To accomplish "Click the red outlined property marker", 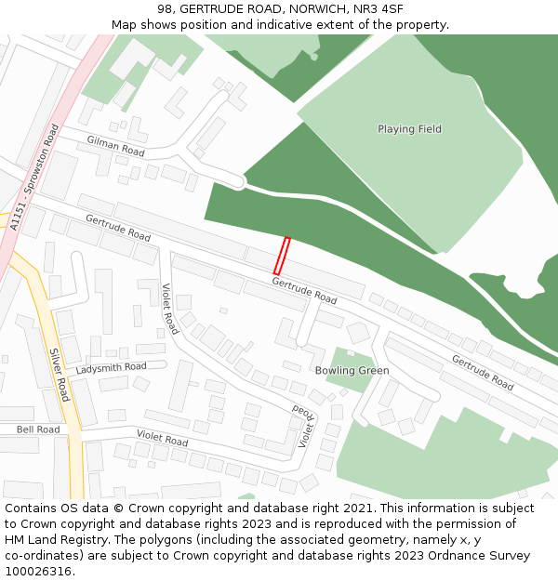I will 282,256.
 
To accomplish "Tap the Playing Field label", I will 409,129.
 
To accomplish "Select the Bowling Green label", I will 352,371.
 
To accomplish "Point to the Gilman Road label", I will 116,146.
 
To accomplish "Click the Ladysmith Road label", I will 112,367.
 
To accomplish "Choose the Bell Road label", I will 38,429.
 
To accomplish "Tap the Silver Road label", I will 60,376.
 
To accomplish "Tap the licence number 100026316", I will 39,572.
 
